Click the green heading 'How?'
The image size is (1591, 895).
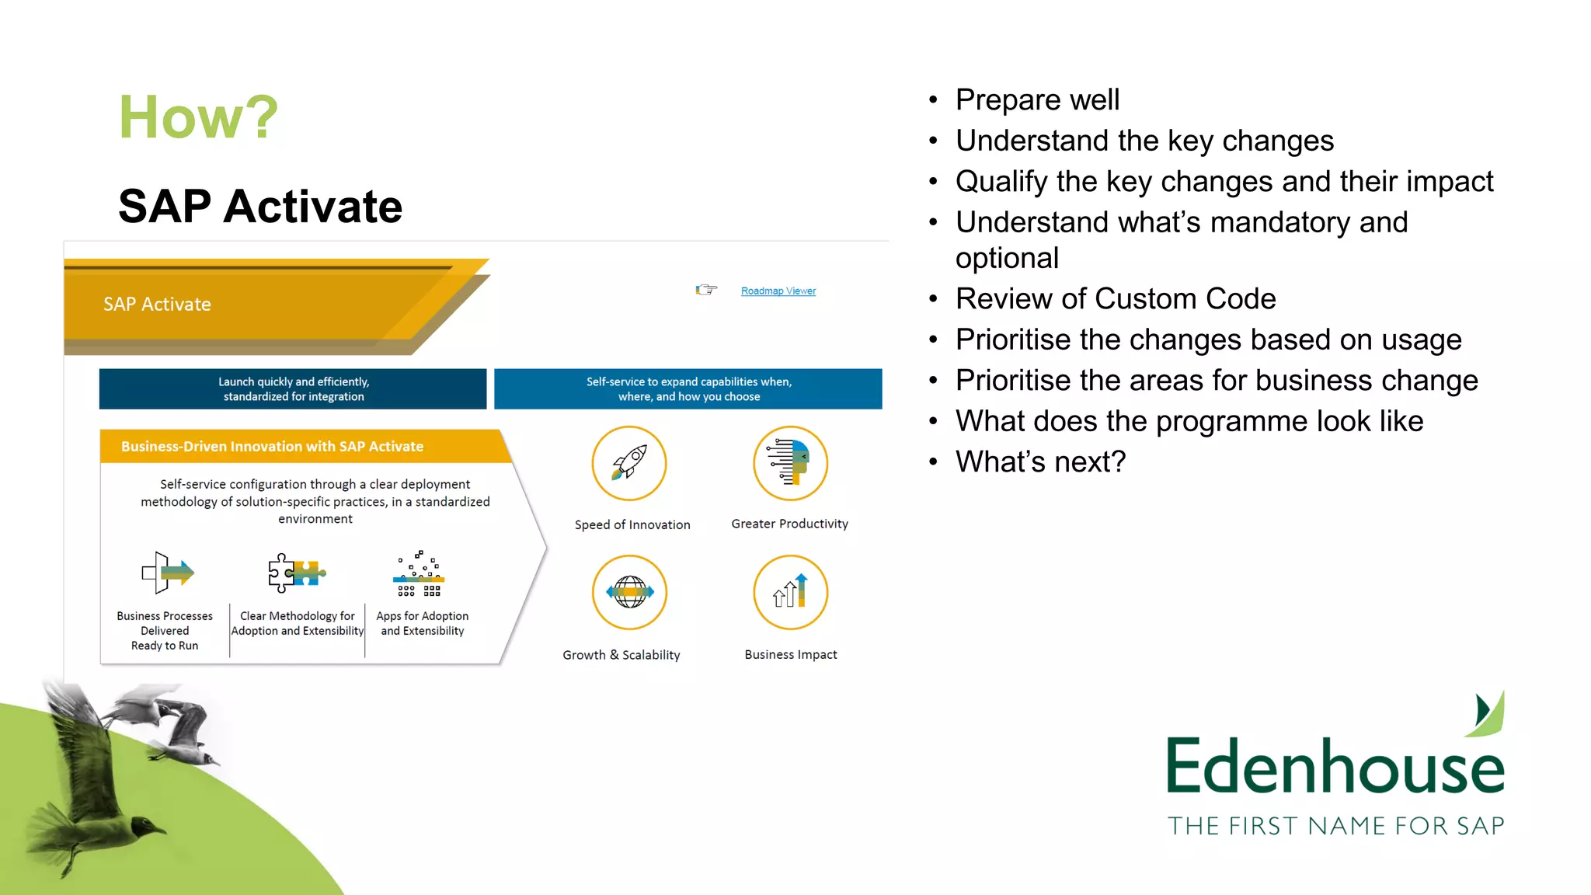pos(198,117)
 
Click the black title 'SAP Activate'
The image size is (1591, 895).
pos(260,207)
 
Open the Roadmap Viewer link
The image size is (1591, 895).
pos(778,291)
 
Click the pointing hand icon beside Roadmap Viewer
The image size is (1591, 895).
pos(705,290)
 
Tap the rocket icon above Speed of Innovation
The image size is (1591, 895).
pos(629,463)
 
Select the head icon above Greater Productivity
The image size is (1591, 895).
pos(790,463)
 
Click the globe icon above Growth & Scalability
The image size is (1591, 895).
pos(629,592)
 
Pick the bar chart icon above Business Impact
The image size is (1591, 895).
pos(790,592)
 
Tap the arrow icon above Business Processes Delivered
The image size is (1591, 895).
pos(167,573)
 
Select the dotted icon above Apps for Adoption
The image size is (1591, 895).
pos(419,573)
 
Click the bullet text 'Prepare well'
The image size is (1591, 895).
pos(1037,99)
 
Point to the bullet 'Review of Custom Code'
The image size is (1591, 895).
pos(1115,298)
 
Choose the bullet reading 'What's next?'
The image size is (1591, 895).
pos(1040,461)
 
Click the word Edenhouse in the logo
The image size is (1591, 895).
pos(1335,767)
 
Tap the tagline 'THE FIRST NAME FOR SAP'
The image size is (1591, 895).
pos(1335,825)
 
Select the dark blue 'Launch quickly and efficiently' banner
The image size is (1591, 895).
pos(293,388)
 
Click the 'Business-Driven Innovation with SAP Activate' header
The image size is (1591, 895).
pos(272,447)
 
